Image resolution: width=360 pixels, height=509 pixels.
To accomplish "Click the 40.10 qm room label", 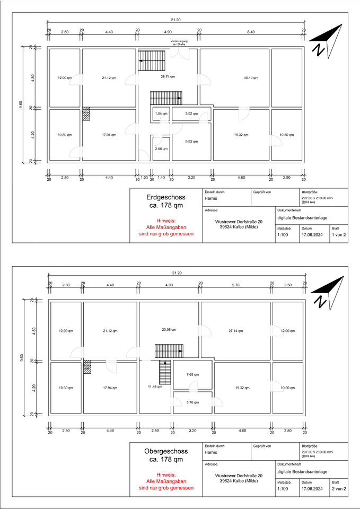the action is click(x=251, y=78).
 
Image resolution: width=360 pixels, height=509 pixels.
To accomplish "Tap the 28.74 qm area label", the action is click(x=168, y=77).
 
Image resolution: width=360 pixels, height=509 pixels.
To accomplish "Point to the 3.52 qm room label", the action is click(x=191, y=113).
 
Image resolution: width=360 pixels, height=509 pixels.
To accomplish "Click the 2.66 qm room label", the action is click(x=161, y=149).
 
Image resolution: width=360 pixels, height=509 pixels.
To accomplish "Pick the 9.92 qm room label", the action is click(x=191, y=142).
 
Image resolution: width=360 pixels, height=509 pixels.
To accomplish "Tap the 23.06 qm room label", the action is click(x=169, y=330).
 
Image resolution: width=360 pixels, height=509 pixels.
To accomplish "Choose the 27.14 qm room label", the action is click(x=236, y=331).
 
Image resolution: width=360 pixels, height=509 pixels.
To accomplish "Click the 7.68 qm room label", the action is click(x=192, y=374).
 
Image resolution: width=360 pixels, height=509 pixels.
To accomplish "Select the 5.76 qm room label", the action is click(x=192, y=402).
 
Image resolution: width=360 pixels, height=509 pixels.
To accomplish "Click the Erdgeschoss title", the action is click(x=166, y=197).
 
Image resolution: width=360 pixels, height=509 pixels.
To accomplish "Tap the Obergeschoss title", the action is click(x=166, y=451).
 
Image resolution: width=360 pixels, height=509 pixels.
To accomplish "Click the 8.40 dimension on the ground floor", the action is click(x=251, y=32).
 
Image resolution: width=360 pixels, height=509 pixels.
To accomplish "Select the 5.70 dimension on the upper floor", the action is click(x=236, y=285).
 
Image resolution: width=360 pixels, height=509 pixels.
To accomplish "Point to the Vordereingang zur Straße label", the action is click(x=178, y=43).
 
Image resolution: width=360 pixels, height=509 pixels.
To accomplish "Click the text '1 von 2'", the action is click(x=339, y=234).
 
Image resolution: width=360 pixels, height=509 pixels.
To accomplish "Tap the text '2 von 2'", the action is click(x=339, y=488).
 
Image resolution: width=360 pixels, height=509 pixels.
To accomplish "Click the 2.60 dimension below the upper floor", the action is click(x=155, y=430).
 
